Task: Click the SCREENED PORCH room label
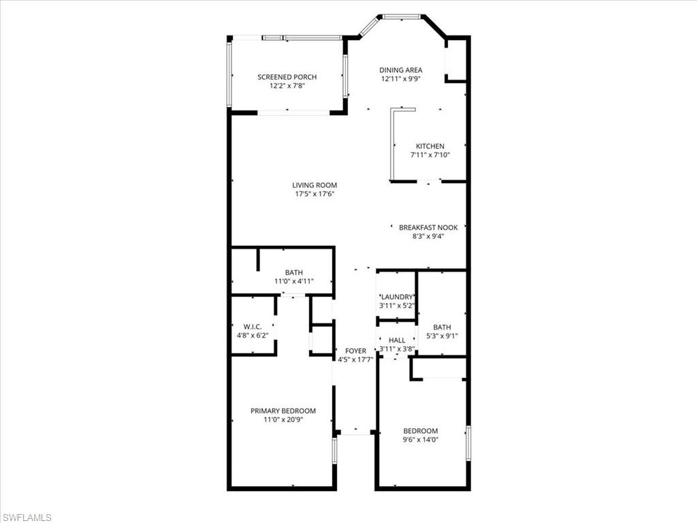coord(287,77)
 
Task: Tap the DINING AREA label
coord(401,69)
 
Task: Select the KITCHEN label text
coord(430,146)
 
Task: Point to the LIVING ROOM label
coord(314,185)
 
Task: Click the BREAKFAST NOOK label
coord(428,227)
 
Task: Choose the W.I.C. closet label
coord(253,326)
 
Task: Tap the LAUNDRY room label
coord(397,297)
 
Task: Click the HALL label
coord(397,340)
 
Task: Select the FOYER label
coord(355,351)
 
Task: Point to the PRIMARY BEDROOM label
coord(283,411)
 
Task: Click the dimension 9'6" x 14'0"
coord(421,440)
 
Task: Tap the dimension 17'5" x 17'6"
coord(314,194)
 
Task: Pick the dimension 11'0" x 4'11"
coord(294,281)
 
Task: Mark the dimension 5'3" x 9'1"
coord(442,335)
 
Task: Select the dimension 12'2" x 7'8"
coord(287,86)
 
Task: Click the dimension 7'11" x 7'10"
coord(430,155)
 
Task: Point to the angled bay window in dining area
coord(370,26)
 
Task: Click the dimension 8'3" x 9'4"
coord(428,236)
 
